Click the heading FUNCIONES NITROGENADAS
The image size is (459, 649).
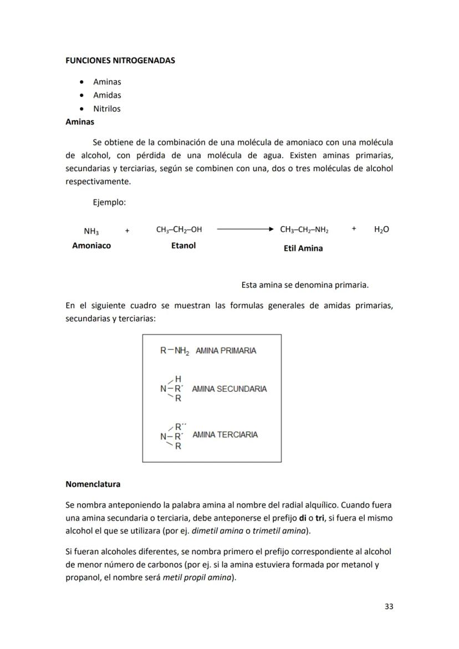[x=120, y=60]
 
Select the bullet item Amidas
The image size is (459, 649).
[x=107, y=95]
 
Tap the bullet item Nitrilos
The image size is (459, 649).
[x=106, y=109]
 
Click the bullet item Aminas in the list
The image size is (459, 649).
[x=107, y=82]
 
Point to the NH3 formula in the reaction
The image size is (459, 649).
[x=91, y=231]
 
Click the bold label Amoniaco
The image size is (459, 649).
[x=91, y=246]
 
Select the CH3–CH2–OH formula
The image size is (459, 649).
[x=179, y=229]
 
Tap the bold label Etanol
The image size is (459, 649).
[x=183, y=246]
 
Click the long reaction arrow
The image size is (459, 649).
[x=245, y=229]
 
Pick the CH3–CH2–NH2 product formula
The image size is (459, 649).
[x=304, y=229]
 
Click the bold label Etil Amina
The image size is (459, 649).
[x=303, y=248]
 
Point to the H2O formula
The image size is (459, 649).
[x=381, y=229]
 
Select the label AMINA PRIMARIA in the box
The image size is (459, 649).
[x=226, y=351]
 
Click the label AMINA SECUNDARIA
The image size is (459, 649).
[x=229, y=389]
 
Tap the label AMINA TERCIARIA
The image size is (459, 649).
[x=225, y=435]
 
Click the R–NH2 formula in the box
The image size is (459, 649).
[x=175, y=351]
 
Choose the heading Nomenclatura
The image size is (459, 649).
[x=93, y=484]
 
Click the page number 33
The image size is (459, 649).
[x=389, y=606]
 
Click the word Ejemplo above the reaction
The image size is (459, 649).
[x=109, y=203]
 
